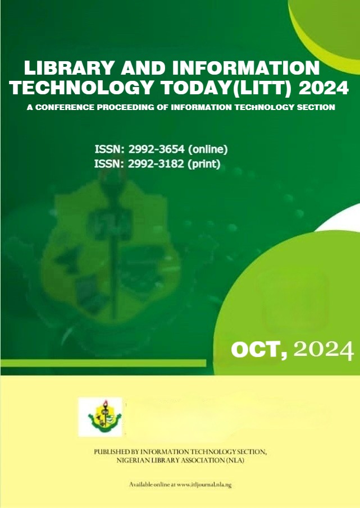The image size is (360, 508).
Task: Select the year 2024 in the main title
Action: click(323, 88)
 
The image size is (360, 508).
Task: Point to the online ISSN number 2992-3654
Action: click(157, 149)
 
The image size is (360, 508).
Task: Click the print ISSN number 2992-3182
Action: click(156, 164)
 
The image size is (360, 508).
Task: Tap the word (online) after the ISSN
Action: click(208, 150)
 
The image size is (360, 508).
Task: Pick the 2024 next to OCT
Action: click(323, 350)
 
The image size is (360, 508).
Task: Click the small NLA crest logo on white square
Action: click(101, 417)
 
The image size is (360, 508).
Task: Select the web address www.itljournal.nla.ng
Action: click(204, 485)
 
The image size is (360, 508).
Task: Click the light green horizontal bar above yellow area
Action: click(103, 363)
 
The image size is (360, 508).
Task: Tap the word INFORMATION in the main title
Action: click(246, 68)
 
